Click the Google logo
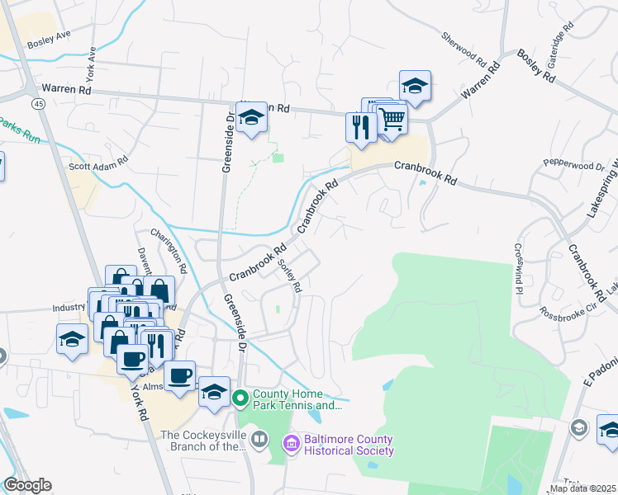[27, 485]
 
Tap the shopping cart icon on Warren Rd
[392, 119]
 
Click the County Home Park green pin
[240, 399]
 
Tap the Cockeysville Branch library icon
[259, 436]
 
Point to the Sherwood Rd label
[463, 49]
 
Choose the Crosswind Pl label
[518, 268]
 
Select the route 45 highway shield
[39, 103]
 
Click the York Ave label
[92, 59]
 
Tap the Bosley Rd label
[536, 64]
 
